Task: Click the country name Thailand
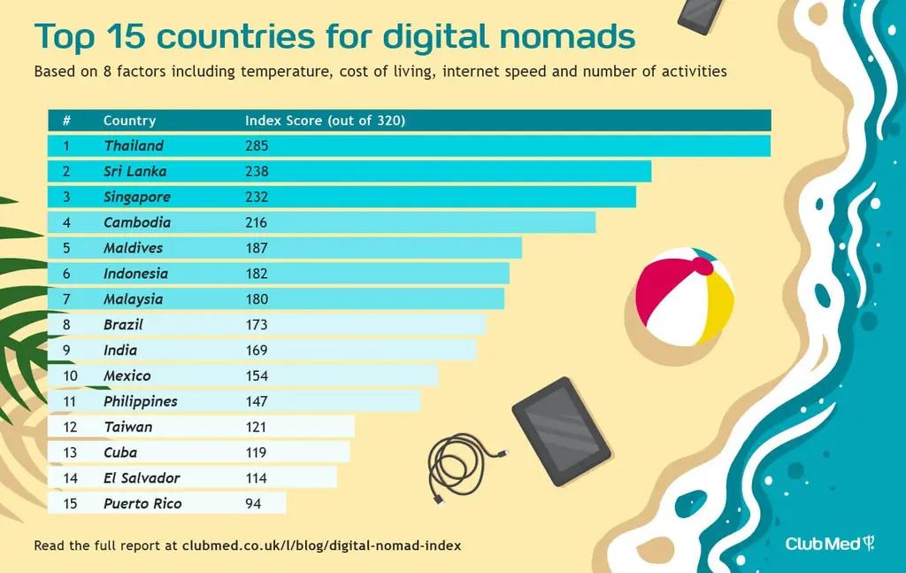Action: [134, 145]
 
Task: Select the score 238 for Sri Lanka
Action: [257, 171]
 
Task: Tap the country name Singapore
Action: [137, 197]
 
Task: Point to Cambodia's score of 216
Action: [257, 222]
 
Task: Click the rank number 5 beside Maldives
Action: [66, 248]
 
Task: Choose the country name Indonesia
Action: [135, 274]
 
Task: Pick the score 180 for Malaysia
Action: [257, 299]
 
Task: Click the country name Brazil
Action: [123, 325]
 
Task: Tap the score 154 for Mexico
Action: [257, 376]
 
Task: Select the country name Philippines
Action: [140, 401]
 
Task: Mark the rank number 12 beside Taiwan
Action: [70, 427]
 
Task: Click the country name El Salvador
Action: [142, 478]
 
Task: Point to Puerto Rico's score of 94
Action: [253, 504]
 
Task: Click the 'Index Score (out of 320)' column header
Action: [325, 120]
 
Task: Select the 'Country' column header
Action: [129, 120]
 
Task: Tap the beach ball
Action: [685, 297]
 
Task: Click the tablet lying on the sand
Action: [561, 430]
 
